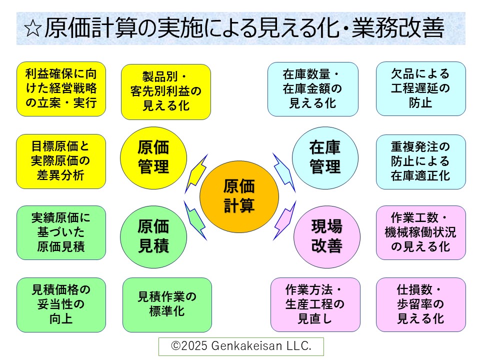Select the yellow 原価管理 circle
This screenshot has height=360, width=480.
coord(153,157)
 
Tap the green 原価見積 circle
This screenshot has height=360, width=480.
coord(153,236)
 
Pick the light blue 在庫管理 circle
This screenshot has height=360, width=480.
coord(325,157)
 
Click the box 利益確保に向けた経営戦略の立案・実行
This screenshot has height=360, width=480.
coord(61,89)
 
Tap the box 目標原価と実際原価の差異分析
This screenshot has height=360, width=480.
coord(61,161)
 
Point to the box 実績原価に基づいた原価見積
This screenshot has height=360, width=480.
coord(61,232)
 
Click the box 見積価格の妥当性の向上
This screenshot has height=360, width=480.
coord(61,304)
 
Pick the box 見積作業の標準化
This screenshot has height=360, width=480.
coord(167,304)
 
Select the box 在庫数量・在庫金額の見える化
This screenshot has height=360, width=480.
coord(313,89)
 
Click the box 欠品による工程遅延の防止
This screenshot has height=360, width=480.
coord(420,89)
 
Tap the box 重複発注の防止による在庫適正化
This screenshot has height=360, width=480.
coord(420,161)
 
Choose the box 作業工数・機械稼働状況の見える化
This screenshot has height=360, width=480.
coord(420,232)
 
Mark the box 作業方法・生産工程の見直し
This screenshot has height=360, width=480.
coord(315,304)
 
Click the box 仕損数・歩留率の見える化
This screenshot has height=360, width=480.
coord(420,304)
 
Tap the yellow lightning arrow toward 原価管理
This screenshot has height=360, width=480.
coord(195,173)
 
